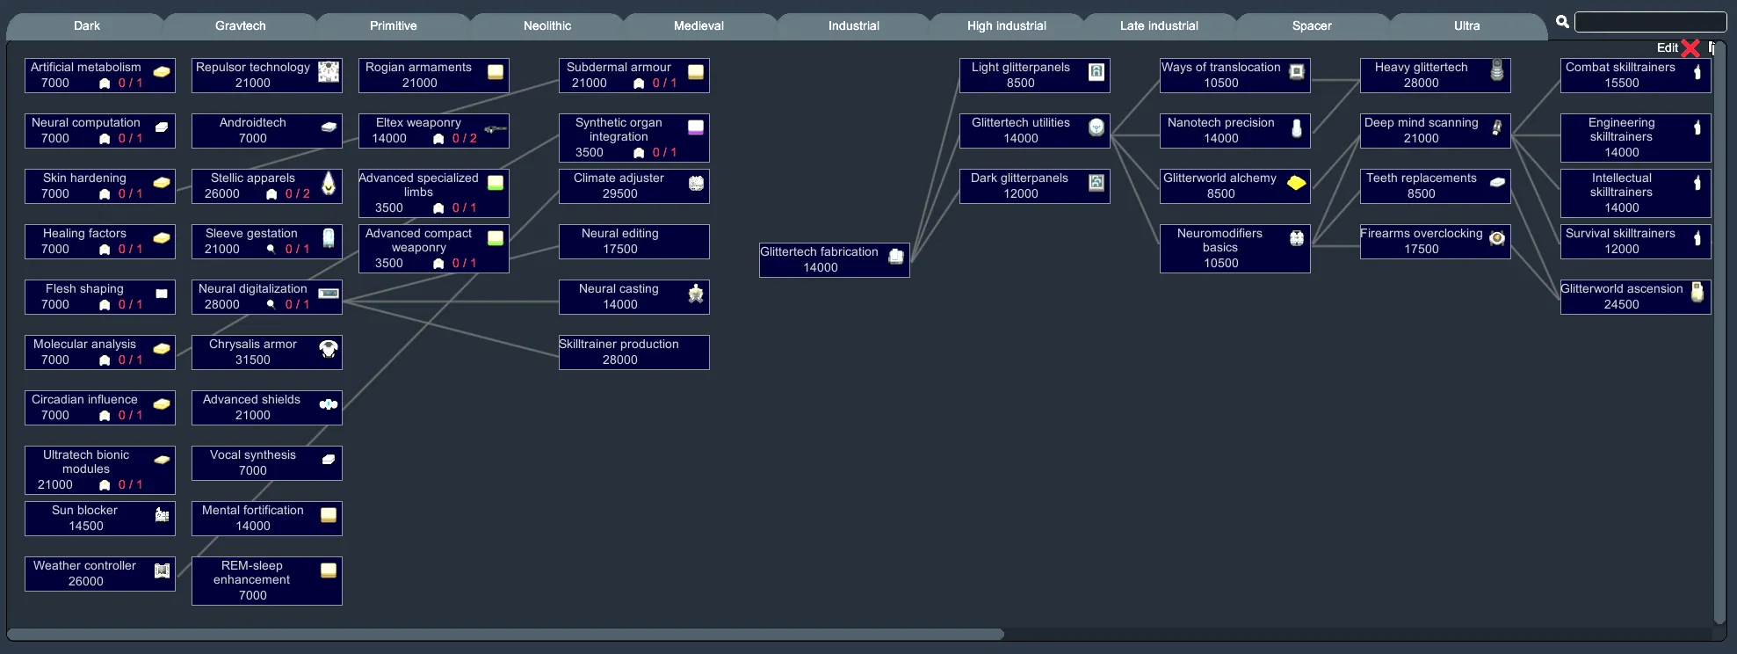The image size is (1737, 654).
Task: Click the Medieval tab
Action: point(698,25)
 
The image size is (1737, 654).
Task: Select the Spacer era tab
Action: point(1311,25)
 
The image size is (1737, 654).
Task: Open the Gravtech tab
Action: point(240,25)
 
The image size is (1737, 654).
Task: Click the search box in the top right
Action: point(1650,22)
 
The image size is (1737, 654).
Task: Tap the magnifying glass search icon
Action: point(1562,22)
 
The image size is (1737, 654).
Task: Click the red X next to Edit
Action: point(1690,48)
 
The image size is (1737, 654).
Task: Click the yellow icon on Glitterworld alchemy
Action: point(1296,183)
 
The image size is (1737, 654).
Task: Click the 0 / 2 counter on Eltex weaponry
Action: point(465,139)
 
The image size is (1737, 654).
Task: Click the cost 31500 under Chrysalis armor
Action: point(253,360)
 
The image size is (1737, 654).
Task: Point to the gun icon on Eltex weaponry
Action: point(496,129)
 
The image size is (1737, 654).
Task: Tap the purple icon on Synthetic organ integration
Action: point(696,127)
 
